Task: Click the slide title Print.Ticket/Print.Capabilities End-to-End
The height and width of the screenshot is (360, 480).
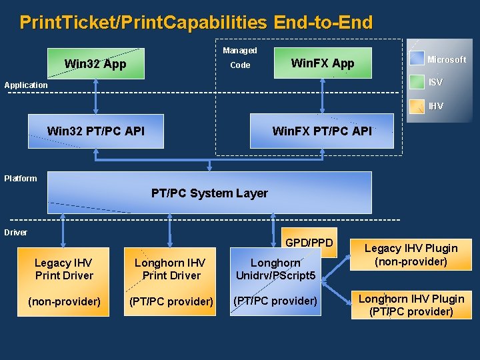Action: coord(196,23)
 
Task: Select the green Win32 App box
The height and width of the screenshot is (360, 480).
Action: coord(95,64)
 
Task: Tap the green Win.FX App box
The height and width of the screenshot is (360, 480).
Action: coord(323,63)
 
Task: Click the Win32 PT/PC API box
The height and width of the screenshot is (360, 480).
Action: coord(95,131)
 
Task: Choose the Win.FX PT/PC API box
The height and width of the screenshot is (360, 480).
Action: coord(321,131)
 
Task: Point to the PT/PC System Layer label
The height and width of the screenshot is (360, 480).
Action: coord(209,193)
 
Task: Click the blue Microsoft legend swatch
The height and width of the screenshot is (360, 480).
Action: coord(417,59)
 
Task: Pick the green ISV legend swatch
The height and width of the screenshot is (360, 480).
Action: coord(417,82)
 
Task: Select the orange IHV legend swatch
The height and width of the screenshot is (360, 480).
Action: coord(417,106)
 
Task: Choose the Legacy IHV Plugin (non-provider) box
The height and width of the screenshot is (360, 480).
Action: coord(411,255)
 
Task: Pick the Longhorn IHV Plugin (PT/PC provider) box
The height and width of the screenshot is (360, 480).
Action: coord(411,305)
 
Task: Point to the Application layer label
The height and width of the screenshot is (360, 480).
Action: coord(26,85)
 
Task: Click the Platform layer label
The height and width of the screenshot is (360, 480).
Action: coord(21,178)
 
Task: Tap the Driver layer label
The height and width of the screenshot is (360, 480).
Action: coord(16,233)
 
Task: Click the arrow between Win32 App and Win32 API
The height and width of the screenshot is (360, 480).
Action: coord(96,97)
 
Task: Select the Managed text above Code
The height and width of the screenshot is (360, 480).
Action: coord(239,51)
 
